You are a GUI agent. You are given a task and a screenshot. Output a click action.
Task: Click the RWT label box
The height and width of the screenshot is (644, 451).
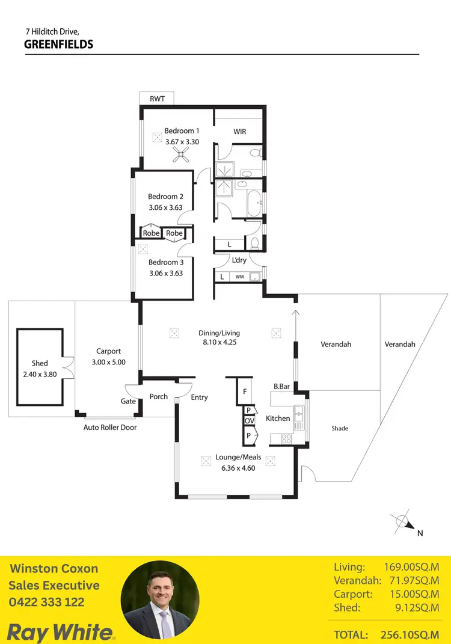point(157,99)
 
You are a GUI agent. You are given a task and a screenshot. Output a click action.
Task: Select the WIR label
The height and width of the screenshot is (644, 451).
point(239,132)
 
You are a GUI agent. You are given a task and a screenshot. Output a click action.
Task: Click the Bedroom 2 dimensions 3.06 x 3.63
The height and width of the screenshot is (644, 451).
point(166,207)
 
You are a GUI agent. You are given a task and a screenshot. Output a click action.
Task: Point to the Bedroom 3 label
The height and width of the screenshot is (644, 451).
point(166,262)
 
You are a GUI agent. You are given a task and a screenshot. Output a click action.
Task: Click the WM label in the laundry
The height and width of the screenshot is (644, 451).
point(239,277)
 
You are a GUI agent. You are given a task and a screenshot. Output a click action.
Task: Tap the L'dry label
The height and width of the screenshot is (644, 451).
point(239,260)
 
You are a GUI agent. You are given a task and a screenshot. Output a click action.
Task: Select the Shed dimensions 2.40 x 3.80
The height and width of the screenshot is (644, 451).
point(40,373)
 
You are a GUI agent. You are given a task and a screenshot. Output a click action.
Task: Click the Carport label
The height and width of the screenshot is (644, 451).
point(109,351)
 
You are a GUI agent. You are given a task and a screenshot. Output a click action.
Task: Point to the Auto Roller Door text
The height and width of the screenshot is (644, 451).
point(110,428)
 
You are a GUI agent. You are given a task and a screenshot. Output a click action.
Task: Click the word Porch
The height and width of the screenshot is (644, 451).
point(159,397)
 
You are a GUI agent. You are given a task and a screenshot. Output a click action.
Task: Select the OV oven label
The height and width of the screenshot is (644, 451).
point(248,421)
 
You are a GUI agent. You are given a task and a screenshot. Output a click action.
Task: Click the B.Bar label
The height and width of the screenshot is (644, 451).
point(281,387)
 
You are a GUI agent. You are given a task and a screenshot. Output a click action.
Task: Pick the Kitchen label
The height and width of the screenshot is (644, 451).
point(278,419)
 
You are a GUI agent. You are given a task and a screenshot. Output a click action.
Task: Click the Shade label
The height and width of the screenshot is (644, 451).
point(340,429)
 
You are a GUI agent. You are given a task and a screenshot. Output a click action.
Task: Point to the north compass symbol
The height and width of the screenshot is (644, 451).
point(402,522)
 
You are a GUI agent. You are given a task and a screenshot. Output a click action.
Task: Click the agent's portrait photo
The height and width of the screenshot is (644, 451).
point(160,600)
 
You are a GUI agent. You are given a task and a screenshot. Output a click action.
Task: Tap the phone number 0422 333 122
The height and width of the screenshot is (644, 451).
point(46,602)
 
